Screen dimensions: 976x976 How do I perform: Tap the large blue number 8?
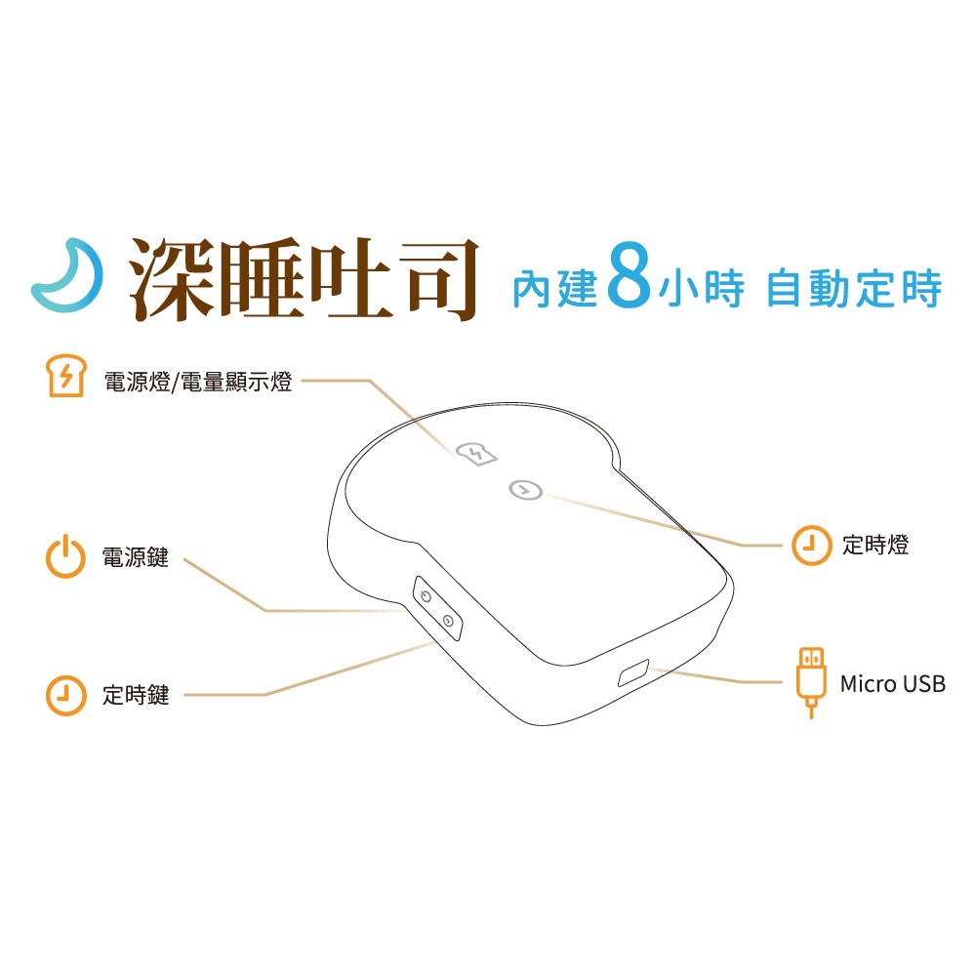629,275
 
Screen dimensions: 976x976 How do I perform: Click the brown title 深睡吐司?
304,279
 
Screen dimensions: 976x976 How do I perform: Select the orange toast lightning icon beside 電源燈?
66,376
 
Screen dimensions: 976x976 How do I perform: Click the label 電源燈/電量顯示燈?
198,382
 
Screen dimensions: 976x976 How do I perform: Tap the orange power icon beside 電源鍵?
65,556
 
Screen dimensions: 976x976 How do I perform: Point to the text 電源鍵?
136,557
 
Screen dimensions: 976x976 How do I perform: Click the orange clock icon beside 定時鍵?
65,695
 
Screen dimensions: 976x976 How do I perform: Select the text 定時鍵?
136,695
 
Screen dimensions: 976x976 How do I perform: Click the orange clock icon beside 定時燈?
811,546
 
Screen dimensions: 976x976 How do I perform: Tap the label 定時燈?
875,545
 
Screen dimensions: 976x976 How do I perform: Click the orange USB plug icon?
811,682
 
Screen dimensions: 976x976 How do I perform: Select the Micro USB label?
893,684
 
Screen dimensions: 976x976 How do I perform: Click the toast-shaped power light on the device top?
477,453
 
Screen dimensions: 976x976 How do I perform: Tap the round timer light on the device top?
526,491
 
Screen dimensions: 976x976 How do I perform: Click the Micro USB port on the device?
633,672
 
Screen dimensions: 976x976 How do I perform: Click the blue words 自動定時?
854,288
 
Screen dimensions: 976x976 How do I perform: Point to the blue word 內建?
555,289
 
